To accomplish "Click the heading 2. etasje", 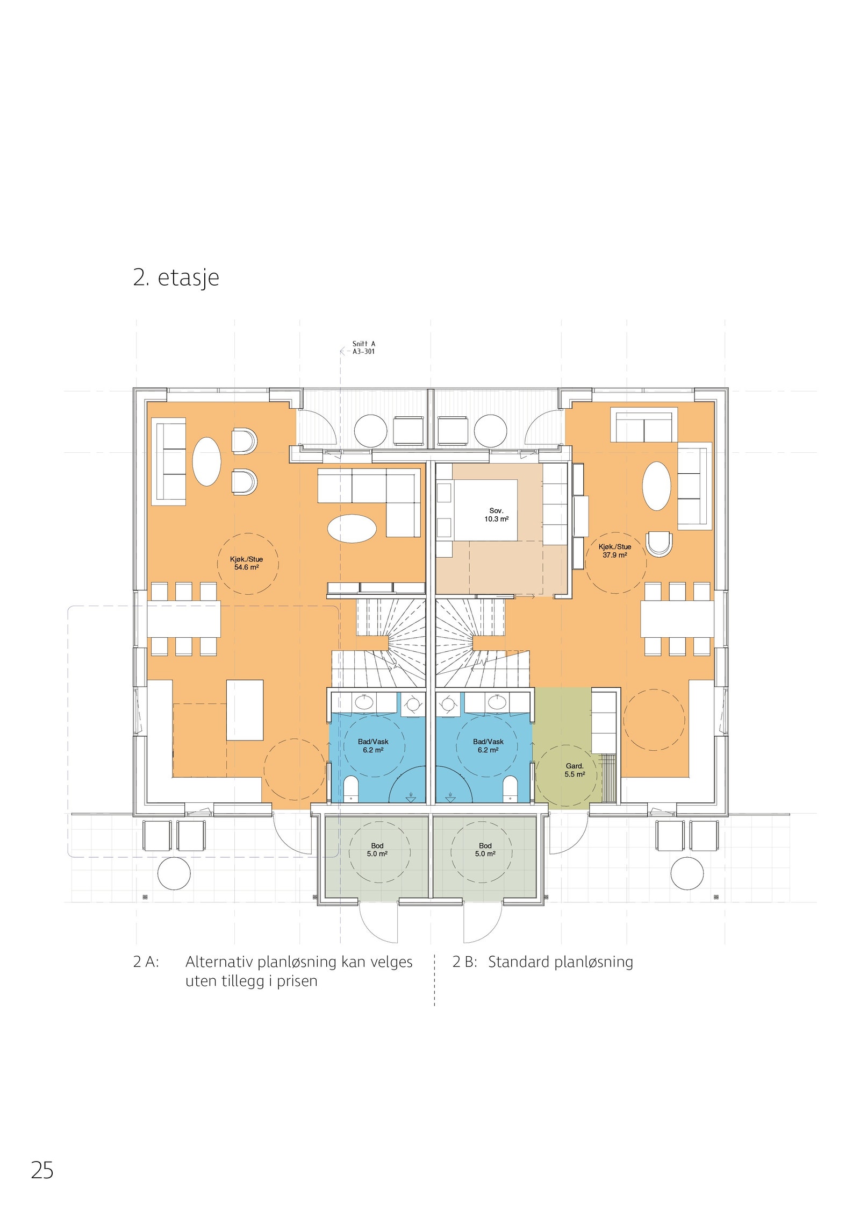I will (x=176, y=277).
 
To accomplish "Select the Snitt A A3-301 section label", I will (x=363, y=347).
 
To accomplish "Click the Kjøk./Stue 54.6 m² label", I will (x=246, y=563).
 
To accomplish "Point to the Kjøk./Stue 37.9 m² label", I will (x=614, y=551).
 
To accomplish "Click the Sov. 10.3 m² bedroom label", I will (x=496, y=515).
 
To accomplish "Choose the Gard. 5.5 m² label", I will (x=574, y=770).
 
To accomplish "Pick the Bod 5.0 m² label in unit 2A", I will (x=377, y=849).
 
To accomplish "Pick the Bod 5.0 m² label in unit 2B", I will (x=485, y=849).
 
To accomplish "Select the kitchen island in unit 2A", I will (x=245, y=710).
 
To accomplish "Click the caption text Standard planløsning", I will (x=560, y=962).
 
